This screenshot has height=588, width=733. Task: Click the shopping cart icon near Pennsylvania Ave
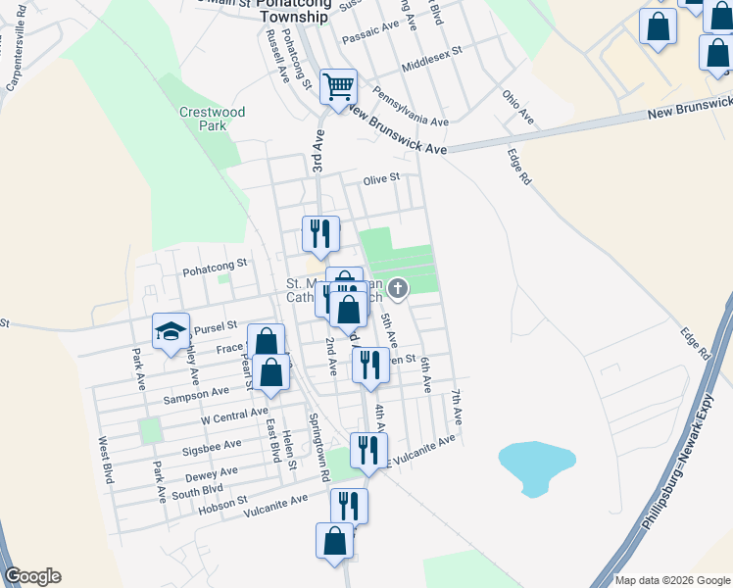[338, 85]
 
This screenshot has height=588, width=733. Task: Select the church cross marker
[398, 288]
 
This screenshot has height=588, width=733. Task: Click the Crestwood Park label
[212, 119]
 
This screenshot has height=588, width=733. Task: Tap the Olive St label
[381, 179]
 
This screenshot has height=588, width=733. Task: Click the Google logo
[32, 576]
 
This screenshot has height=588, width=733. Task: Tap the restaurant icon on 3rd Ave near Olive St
[320, 233]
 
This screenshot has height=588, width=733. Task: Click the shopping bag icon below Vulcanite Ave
[334, 540]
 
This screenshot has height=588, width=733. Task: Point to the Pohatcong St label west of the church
[215, 264]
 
